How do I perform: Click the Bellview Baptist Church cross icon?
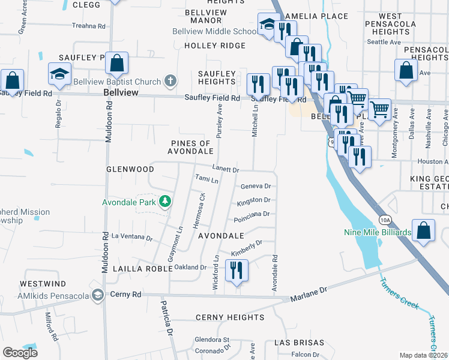coord(170,82)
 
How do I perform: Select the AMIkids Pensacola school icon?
coord(97,295)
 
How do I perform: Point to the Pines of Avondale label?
coord(191,148)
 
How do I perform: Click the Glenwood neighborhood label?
coord(130,169)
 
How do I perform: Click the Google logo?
coord(20,352)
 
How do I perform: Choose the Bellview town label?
coord(121,93)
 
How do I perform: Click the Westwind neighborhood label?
coord(43,283)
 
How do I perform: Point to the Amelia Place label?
coord(316,16)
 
